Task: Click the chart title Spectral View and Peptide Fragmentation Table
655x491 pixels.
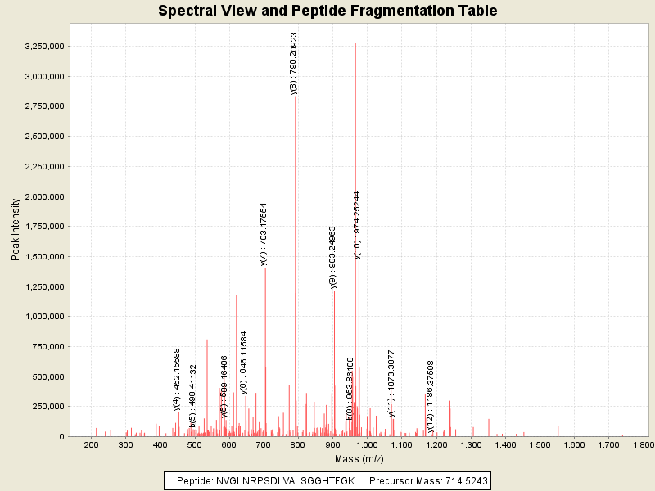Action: point(327,11)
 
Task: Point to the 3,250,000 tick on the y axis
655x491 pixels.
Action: point(45,47)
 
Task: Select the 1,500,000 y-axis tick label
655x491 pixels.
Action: point(45,256)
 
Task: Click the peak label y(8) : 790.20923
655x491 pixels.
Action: point(294,64)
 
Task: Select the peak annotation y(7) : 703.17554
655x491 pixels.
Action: point(264,234)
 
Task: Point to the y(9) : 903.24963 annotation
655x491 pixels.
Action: point(332,257)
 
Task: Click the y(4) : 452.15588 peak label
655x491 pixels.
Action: point(177,378)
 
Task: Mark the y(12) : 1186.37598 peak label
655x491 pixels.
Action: point(430,397)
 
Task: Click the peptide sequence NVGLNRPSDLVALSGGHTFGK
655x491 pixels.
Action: point(286,480)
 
